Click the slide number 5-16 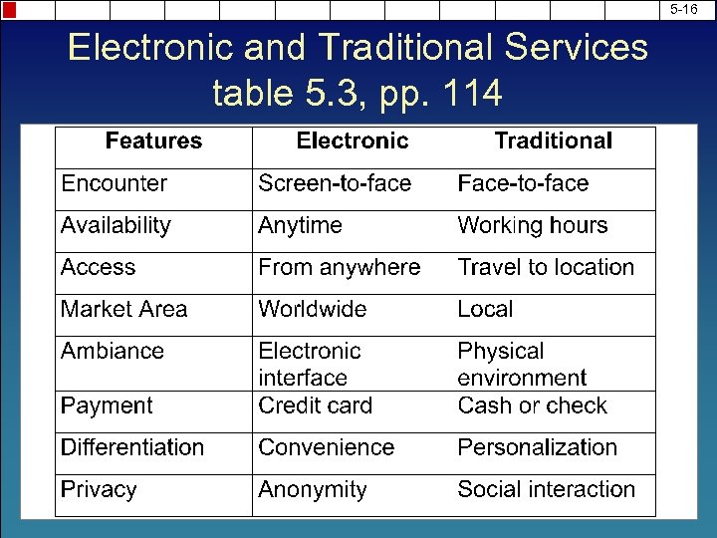683,10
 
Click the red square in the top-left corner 9,10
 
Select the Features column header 153,141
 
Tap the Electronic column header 353,141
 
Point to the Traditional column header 554,141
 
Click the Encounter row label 114,183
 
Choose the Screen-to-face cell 335,183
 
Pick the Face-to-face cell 523,183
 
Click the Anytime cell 300,226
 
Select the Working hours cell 532,226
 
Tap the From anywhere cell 339,268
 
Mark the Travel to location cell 545,268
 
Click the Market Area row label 123,310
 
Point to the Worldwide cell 312,310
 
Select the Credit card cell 315,405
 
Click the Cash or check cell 532,405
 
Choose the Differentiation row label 131,447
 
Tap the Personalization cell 537,447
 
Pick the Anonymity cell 312,490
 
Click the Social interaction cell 546,490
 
